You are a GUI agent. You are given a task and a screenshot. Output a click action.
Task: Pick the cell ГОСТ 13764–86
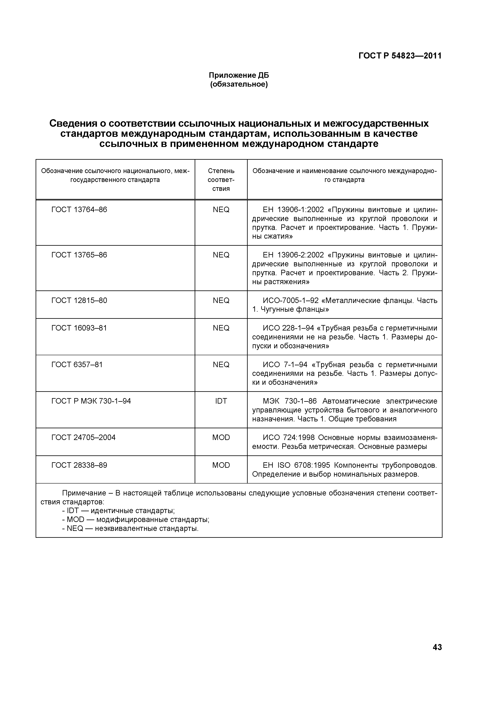pyautogui.click(x=79, y=210)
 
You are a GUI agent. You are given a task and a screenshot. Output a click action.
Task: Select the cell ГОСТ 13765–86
pyautogui.click(x=79, y=255)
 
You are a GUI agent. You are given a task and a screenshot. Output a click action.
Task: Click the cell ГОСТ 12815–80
pyautogui.click(x=79, y=300)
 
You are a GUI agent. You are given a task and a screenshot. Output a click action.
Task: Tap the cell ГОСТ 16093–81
pyautogui.click(x=79, y=328)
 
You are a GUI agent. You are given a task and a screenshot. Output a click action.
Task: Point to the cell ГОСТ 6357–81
pyautogui.click(x=77, y=364)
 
